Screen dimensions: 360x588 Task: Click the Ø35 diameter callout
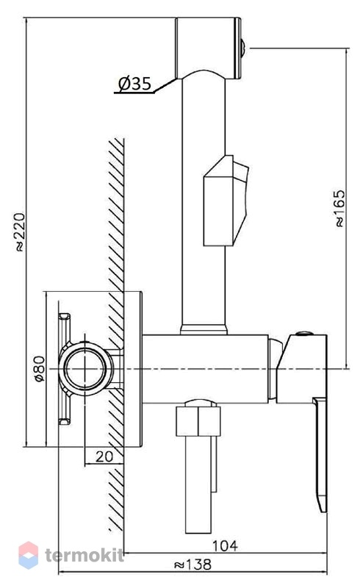(x=134, y=84)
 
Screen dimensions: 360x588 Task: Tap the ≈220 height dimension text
(x=20, y=232)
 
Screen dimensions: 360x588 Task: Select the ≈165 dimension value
(x=339, y=208)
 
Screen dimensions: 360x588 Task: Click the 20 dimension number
(x=104, y=456)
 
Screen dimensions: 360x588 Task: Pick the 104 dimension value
(x=225, y=545)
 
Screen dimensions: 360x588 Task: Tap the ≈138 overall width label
(x=193, y=564)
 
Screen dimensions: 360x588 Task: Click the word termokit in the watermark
(x=84, y=555)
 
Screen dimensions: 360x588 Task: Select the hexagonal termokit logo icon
(x=28, y=555)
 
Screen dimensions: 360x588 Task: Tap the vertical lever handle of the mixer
(x=320, y=454)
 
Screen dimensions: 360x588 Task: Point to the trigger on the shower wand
(x=226, y=201)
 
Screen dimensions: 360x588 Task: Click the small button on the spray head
(x=243, y=48)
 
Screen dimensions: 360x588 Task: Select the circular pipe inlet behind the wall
(x=85, y=368)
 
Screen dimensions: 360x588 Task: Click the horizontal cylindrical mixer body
(x=206, y=369)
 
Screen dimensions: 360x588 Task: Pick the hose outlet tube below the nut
(x=199, y=484)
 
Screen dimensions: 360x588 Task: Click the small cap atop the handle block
(x=304, y=334)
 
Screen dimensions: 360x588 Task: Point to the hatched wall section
(x=116, y=334)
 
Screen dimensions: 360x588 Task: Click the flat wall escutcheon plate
(x=133, y=369)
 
